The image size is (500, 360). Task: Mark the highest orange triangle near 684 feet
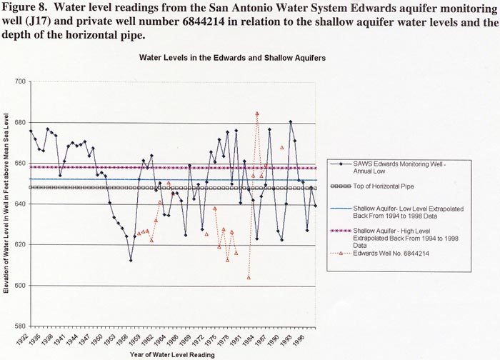click(257, 114)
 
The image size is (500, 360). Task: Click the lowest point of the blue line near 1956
click(131, 260)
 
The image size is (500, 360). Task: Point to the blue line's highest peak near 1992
click(290, 121)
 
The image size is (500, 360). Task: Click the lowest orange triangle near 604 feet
click(249, 277)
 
